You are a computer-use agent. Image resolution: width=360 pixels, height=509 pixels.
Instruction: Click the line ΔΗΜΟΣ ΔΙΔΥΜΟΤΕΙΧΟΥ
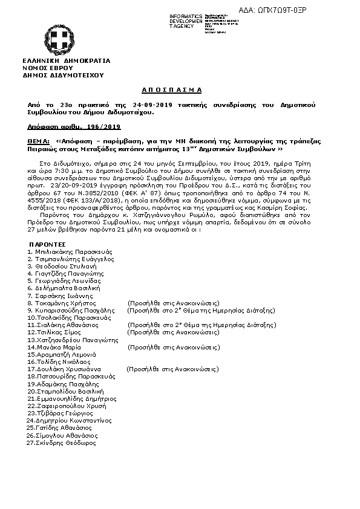point(63,75)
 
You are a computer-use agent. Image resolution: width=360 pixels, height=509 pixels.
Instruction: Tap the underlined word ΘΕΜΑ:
point(38,140)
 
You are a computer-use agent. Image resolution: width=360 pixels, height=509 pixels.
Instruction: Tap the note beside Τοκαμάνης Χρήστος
point(172,302)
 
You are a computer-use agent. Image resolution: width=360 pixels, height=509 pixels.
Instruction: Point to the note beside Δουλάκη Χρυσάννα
point(172,369)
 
